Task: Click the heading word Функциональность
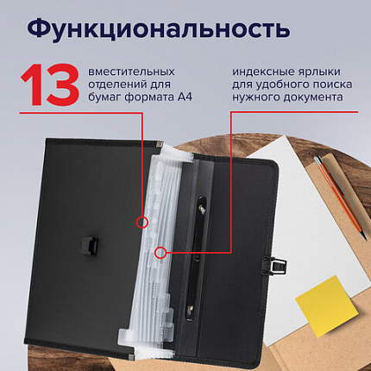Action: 157,29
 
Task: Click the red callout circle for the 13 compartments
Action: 141,222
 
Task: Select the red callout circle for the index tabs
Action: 160,253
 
